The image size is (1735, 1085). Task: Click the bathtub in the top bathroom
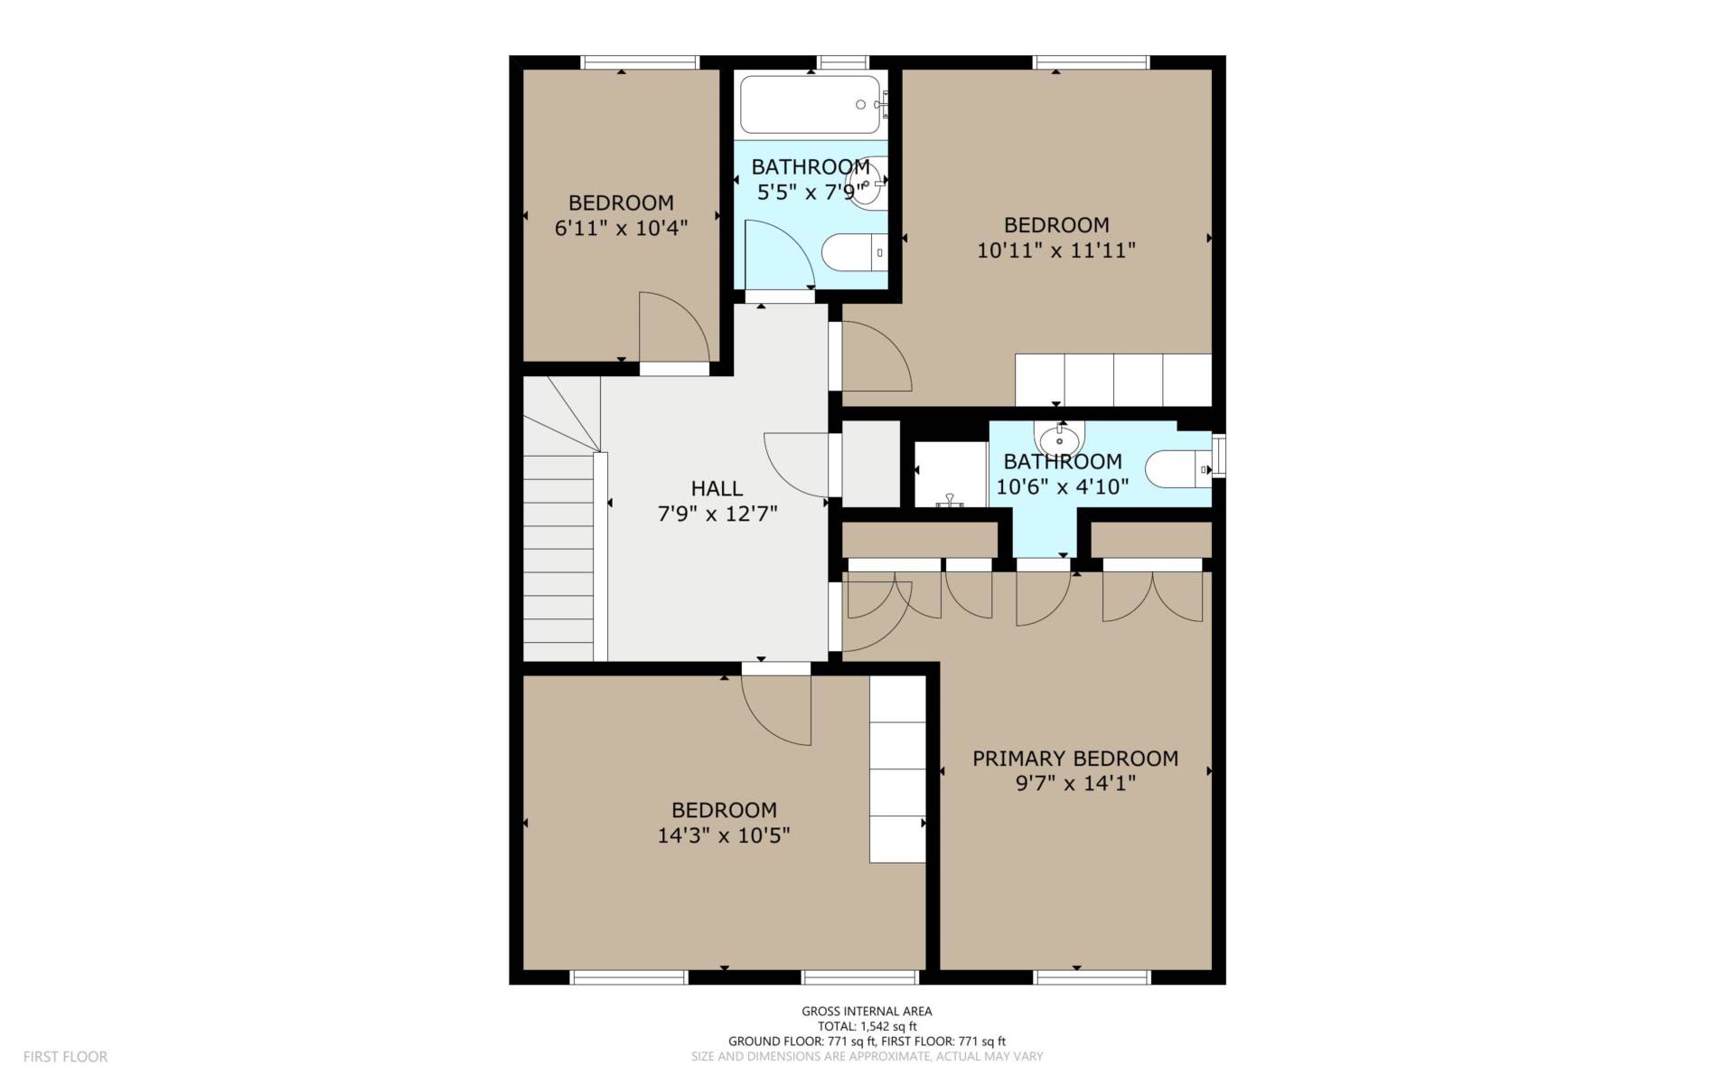(x=811, y=105)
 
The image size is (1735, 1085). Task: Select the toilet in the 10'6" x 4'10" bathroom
(x=1178, y=469)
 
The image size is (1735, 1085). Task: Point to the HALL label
(x=717, y=489)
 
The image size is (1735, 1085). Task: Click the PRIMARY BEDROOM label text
(x=1075, y=759)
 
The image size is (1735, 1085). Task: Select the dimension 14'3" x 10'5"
(x=724, y=835)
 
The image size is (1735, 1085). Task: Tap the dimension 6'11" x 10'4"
(x=621, y=228)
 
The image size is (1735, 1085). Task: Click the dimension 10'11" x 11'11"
(x=1056, y=250)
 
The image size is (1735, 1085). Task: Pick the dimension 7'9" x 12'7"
(x=717, y=514)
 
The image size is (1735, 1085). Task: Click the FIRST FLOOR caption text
(x=65, y=1056)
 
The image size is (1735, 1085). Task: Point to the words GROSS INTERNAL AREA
(x=867, y=1012)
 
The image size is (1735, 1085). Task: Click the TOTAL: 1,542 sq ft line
(x=867, y=1026)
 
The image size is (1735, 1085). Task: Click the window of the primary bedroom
(x=1091, y=977)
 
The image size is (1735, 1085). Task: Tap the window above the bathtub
(x=843, y=62)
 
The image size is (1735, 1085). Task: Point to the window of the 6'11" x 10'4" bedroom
(x=640, y=62)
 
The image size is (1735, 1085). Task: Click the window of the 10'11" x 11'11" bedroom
(x=1091, y=62)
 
